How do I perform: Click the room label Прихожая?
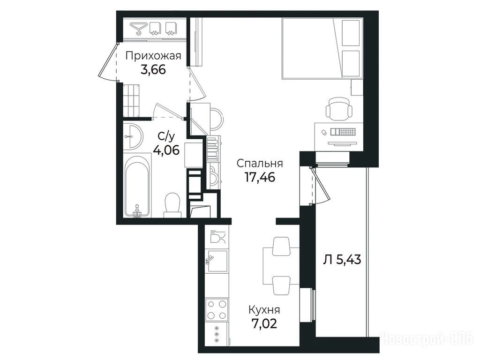pos(153,56)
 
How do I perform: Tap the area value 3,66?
pos(153,70)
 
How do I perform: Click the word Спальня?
pos(260,164)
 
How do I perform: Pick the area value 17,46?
pos(260,177)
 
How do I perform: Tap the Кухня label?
pos(264,310)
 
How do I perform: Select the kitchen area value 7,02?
pos(264,323)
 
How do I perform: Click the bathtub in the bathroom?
pos(137,186)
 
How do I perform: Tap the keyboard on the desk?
pos(343,132)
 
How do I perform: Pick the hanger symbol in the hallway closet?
pos(137,28)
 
